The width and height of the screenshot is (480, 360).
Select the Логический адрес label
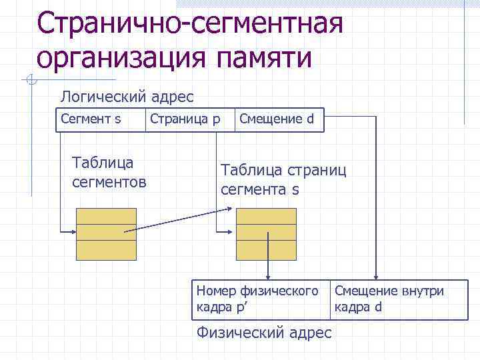[x=127, y=97]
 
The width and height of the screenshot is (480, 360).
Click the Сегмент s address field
[x=91, y=120]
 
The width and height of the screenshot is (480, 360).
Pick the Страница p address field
[x=185, y=120]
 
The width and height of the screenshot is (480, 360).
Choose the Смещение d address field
[x=276, y=120]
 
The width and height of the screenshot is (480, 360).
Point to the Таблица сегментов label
[x=109, y=171]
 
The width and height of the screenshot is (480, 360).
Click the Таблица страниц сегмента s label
[x=283, y=179]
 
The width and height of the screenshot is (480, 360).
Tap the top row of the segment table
[x=107, y=216]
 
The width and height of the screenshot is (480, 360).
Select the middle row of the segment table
[x=107, y=232]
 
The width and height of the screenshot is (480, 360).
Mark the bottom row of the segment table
[x=107, y=249]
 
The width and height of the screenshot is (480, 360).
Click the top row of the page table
[x=267, y=216]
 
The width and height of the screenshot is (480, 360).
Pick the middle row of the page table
[x=267, y=232]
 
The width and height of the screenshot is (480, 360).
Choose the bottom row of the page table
[x=267, y=249]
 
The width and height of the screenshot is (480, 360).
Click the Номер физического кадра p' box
[x=261, y=299]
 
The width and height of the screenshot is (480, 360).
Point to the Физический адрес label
[x=264, y=332]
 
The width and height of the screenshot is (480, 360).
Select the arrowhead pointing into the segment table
[x=73, y=232]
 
